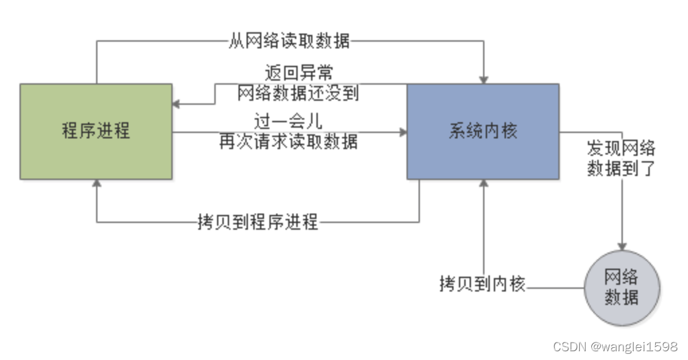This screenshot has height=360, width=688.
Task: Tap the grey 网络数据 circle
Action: [622, 287]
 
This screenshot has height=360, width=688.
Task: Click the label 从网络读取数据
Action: [290, 41]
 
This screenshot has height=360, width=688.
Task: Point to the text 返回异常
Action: [298, 71]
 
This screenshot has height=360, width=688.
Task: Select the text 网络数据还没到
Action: [298, 93]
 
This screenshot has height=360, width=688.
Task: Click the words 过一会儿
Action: [288, 122]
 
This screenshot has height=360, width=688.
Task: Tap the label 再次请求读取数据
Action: [288, 142]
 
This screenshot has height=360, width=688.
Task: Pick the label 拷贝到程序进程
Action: [257, 222]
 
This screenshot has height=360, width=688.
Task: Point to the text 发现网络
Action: [621, 148]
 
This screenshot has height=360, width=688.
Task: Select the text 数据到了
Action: [621, 168]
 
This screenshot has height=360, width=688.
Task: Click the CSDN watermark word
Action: [570, 347]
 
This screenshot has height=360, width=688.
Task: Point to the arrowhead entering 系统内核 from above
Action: [483, 79]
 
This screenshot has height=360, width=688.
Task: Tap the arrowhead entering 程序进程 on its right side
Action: [177, 104]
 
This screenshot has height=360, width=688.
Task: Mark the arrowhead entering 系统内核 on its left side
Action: [402, 132]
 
